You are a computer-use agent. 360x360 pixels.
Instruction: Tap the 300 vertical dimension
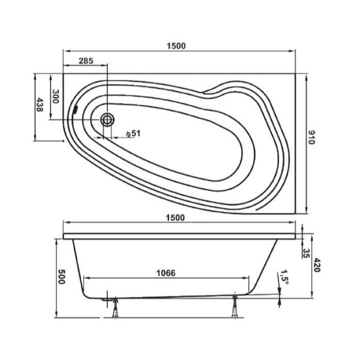click(x=55, y=97)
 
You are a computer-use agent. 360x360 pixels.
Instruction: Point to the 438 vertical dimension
click(x=40, y=106)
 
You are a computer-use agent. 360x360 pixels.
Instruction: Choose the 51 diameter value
click(x=136, y=133)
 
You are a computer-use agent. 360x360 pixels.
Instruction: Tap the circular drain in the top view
click(x=108, y=119)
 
